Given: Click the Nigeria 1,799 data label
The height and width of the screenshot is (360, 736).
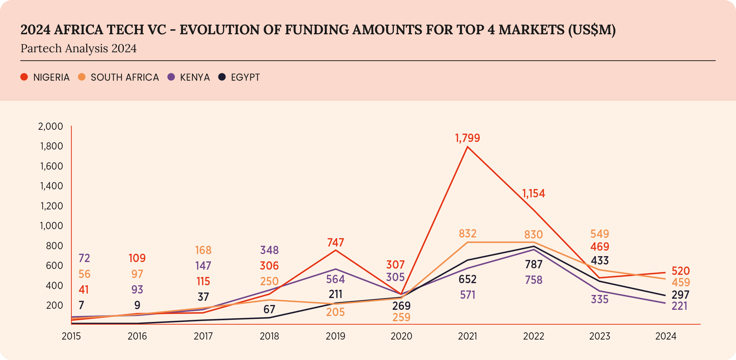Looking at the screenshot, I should point(467,138).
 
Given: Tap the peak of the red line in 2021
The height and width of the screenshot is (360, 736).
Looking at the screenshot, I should point(468,147).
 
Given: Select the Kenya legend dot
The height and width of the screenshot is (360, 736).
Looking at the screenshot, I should point(171,77).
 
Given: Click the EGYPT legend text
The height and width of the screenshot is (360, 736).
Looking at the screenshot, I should point(245,77).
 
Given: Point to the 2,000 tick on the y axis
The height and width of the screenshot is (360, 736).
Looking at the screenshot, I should point(51,126).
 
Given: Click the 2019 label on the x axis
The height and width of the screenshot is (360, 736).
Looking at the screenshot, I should point(335,336).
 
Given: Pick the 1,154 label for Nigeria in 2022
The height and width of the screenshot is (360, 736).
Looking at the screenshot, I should point(533,193).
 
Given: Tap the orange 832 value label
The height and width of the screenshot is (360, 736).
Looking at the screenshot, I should point(468,234).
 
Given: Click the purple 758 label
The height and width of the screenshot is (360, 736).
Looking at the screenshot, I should point(533,280).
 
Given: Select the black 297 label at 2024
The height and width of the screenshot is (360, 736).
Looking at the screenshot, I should point(680,295).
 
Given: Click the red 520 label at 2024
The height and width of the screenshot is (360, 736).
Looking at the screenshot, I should point(681,271).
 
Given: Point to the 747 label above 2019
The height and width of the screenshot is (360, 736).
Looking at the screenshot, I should point(335,242).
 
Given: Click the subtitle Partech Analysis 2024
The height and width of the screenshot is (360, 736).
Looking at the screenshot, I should point(79,48).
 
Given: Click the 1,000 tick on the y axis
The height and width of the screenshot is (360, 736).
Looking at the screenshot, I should point(51,226).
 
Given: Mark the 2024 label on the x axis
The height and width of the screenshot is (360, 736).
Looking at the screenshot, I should point(666,336).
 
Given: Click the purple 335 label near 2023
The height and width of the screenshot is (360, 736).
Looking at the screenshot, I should point(600,299).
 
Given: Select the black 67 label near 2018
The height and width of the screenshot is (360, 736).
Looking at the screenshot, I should point(269,309).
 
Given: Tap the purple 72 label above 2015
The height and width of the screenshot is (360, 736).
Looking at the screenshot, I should point(84,258).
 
